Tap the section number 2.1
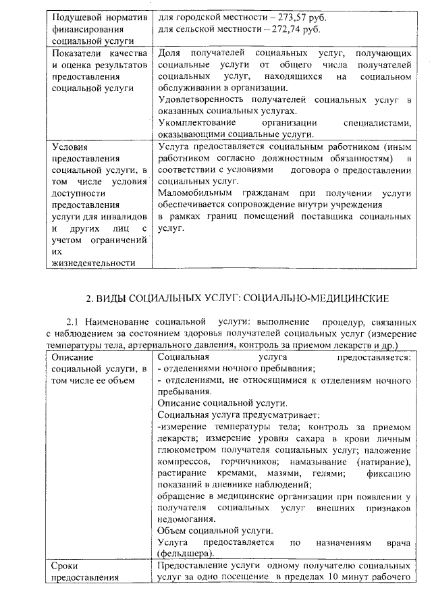tap(74, 322)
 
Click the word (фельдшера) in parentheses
tap(186, 554)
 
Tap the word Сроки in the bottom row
tap(67, 566)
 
